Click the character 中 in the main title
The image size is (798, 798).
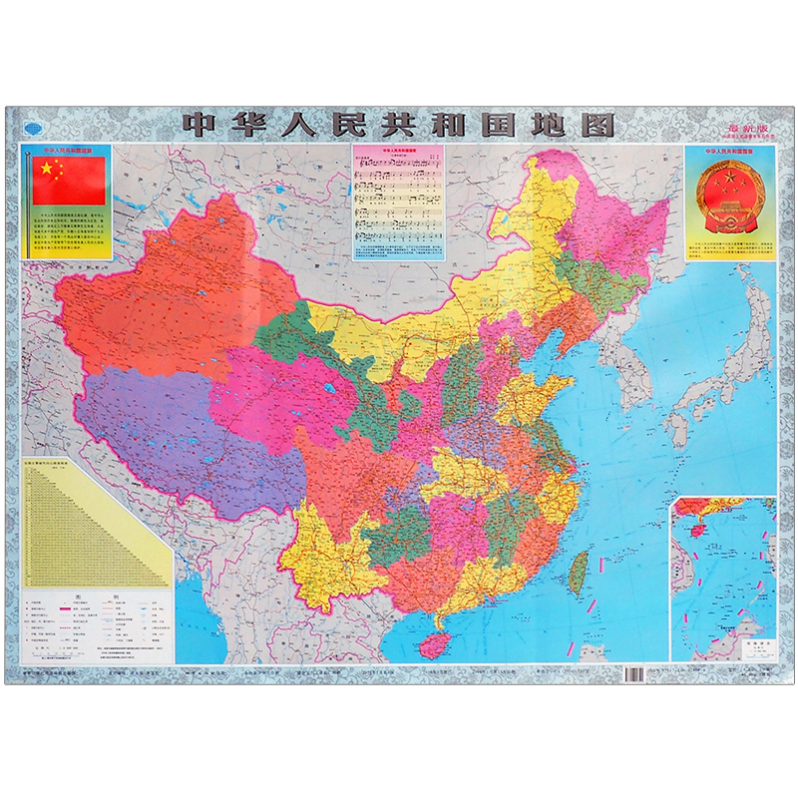(x=199, y=124)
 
